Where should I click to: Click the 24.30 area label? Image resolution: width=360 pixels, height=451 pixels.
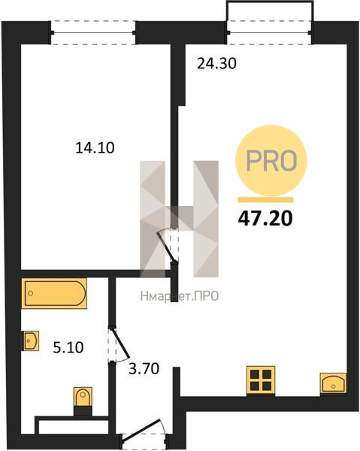coord(216,64)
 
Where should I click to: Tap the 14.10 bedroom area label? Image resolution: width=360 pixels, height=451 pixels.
coord(95,148)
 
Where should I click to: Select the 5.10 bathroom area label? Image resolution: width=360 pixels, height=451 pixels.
coord(68,347)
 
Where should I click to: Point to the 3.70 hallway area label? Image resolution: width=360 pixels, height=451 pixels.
coord(144,369)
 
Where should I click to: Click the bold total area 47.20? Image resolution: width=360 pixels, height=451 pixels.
coord(265,218)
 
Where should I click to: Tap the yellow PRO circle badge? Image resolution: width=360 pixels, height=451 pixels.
coord(271,161)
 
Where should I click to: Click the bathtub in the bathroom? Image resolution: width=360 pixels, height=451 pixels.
coord(54,293)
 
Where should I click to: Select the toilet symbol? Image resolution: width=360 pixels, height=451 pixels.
coord(83,401)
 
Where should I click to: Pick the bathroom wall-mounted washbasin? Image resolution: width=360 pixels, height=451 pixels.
coord(31,341)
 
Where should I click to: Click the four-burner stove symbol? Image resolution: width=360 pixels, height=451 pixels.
coord(261,380)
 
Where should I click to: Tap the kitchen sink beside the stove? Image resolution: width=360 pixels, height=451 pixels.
coord(334,383)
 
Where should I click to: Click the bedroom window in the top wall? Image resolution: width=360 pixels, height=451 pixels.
coord(93,33)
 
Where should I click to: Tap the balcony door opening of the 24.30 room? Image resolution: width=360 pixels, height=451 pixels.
coord(269,32)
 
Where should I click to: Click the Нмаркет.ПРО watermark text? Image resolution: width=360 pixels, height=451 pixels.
coord(180,296)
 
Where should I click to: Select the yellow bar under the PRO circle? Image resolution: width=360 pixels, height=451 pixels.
coord(266,200)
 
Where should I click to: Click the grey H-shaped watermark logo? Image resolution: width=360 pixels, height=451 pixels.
coord(179,219)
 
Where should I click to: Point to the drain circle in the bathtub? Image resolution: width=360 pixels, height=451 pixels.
coord(31,293)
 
